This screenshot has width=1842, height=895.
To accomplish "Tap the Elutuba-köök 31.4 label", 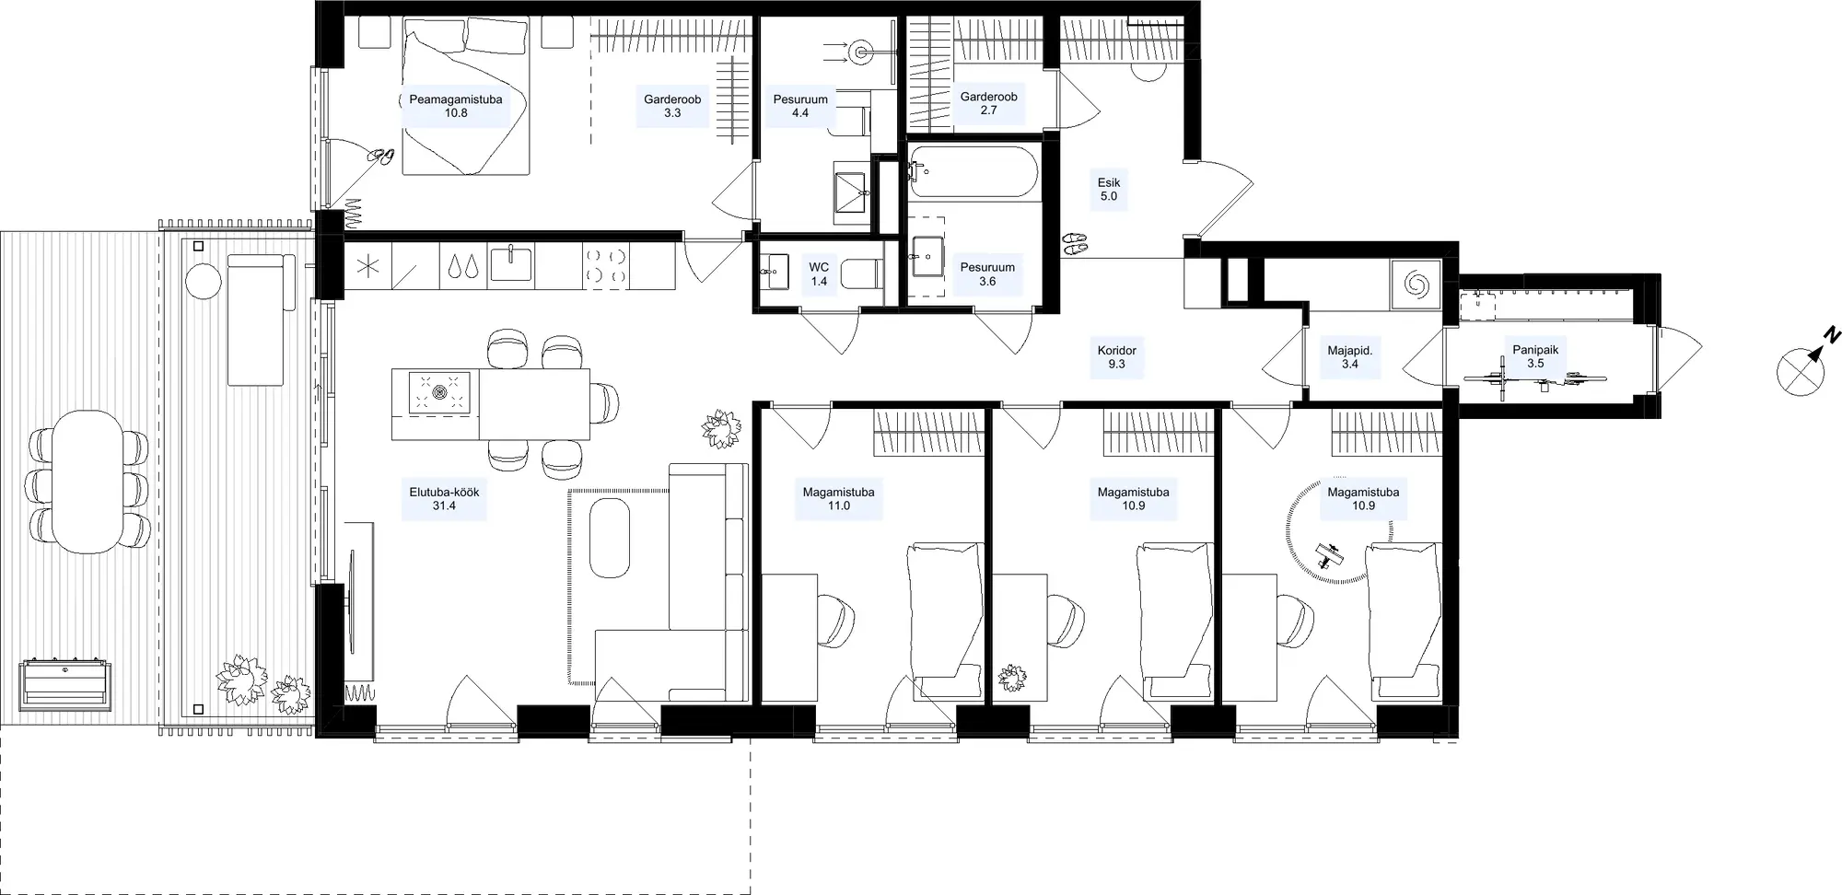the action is tap(444, 498).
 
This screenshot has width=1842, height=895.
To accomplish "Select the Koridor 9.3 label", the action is tap(1117, 356).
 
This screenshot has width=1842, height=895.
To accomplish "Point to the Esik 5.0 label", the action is tap(1109, 189).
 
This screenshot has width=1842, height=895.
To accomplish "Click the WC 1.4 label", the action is tap(819, 274).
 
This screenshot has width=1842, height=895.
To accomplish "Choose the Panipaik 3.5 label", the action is tap(1535, 356).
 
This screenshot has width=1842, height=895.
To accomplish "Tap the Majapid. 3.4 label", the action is tap(1350, 356).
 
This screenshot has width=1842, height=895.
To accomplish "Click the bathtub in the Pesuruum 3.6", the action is tap(973, 171).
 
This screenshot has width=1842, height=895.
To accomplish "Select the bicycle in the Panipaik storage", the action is tap(1535, 379).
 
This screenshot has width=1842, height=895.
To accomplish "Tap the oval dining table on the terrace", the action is tap(87, 482).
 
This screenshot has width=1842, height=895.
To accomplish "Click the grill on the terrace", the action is tap(65, 683).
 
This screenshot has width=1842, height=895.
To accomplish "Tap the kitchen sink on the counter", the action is tap(511, 263).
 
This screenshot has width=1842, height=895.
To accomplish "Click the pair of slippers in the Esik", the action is tap(1074, 243).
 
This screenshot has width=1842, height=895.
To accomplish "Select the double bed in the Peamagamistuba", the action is tap(465, 96).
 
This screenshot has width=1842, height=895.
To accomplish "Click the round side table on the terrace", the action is tap(204, 281).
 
